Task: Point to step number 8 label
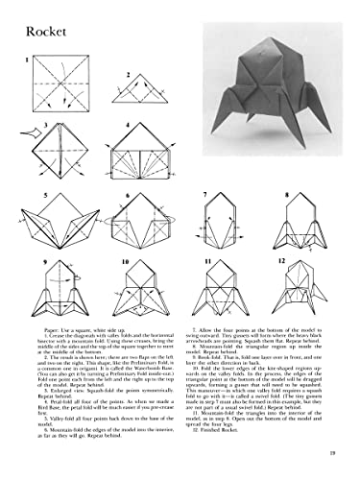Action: (286, 194)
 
